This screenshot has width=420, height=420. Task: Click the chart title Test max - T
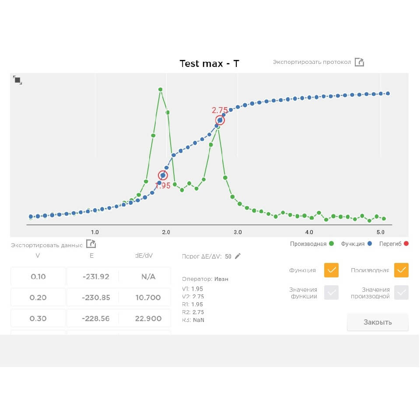pyautogui.click(x=209, y=63)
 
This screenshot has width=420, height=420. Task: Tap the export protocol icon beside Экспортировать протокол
pyautogui.click(x=359, y=62)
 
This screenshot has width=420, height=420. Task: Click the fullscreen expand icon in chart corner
pyautogui.click(x=17, y=80)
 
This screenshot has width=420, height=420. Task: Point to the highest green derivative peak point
pyautogui.click(x=161, y=89)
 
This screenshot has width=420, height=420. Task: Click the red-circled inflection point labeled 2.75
pyautogui.click(x=220, y=120)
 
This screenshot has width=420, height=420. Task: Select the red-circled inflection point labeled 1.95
pyautogui.click(x=163, y=175)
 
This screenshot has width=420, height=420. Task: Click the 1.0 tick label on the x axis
pyautogui.click(x=95, y=232)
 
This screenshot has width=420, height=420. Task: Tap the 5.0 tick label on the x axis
pyautogui.click(x=380, y=232)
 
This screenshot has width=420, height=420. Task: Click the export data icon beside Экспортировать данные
pyautogui.click(x=91, y=244)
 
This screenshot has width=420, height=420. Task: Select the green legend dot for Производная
pyautogui.click(x=331, y=244)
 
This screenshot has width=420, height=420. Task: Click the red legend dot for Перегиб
pyautogui.click(x=406, y=244)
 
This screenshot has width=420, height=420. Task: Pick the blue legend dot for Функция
pyautogui.click(x=370, y=244)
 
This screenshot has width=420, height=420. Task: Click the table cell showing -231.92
pyautogui.click(x=96, y=276)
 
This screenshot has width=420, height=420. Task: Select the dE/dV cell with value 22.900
pyautogui.click(x=148, y=318)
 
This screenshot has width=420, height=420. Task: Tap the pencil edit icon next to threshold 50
pyautogui.click(x=238, y=256)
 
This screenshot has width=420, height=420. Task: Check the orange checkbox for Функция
pyautogui.click(x=331, y=270)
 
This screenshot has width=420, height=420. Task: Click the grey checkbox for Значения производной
pyautogui.click(x=401, y=292)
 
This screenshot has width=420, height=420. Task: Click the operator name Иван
pyautogui.click(x=221, y=279)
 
